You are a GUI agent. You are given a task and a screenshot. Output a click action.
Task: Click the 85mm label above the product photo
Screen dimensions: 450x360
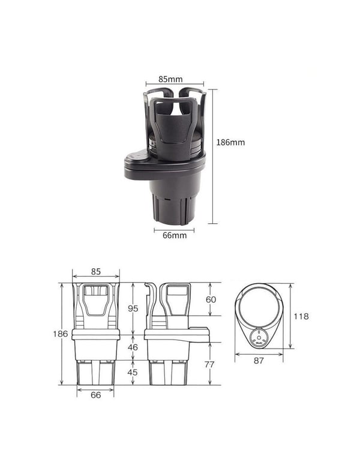171,79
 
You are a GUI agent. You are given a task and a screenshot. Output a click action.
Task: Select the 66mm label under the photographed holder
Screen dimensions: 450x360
175,235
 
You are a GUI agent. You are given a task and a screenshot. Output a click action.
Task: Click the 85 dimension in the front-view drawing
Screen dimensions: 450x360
96,271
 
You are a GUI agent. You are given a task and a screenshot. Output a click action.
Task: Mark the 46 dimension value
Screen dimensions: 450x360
133,347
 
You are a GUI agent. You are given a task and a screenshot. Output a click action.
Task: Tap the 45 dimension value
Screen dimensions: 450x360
133,372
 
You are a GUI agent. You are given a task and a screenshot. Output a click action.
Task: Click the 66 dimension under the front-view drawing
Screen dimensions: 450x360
96,394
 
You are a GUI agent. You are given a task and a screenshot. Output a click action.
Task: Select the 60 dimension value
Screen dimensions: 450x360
211,299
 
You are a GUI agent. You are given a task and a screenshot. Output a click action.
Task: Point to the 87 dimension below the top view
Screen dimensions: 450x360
259,361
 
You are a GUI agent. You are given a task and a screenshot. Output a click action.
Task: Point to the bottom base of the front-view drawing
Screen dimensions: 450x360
96,372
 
